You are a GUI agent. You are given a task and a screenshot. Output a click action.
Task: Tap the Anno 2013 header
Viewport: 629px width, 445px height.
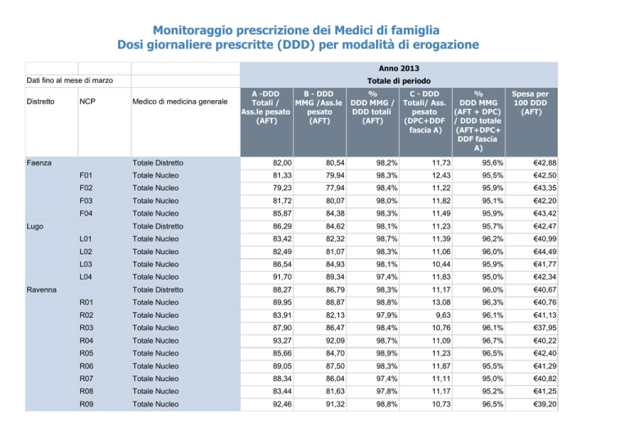click(x=399, y=68)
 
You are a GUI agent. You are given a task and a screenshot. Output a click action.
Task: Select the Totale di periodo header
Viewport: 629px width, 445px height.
click(x=399, y=81)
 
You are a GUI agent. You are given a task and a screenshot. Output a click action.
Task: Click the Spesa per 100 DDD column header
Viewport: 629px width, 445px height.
click(x=531, y=102)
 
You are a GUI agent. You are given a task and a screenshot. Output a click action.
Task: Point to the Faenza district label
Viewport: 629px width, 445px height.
click(x=39, y=163)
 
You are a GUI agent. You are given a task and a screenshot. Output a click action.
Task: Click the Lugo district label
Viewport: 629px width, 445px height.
click(x=35, y=226)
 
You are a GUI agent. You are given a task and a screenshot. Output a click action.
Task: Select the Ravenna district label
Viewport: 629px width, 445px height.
click(x=41, y=290)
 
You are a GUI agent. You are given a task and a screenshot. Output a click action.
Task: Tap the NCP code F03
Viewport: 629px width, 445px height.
click(x=86, y=201)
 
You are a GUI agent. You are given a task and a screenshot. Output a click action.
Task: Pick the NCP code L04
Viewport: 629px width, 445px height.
click(x=86, y=277)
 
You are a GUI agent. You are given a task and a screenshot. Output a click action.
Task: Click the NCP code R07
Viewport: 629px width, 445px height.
click(x=86, y=379)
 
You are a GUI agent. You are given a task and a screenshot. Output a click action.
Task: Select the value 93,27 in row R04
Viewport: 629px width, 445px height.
click(x=282, y=341)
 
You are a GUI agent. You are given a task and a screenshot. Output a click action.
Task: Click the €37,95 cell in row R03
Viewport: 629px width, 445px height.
click(x=545, y=328)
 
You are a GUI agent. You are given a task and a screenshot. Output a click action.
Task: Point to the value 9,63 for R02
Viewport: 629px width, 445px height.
click(x=443, y=316)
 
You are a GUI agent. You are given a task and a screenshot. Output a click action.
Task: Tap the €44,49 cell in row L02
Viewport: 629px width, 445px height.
click(x=545, y=252)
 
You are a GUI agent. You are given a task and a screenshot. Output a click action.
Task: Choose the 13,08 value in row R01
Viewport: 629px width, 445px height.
click(x=441, y=302)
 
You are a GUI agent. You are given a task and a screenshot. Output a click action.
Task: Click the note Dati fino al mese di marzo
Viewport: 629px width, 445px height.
click(x=70, y=80)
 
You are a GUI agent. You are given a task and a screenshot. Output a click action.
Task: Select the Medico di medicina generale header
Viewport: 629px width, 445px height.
click(x=179, y=102)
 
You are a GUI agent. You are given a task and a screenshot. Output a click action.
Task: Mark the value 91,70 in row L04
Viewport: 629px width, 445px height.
click(x=282, y=277)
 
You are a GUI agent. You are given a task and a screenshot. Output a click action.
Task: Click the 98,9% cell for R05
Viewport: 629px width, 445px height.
click(x=387, y=353)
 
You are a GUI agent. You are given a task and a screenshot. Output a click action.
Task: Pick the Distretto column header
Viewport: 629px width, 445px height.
click(x=40, y=102)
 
